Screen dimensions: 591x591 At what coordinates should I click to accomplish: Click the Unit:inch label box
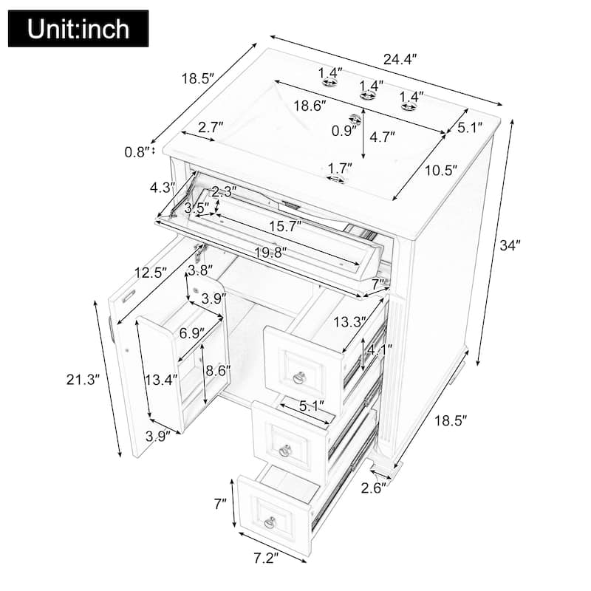[78, 29]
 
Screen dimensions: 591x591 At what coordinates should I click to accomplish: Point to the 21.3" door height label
[81, 380]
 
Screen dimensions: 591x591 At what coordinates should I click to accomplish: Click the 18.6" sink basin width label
[310, 106]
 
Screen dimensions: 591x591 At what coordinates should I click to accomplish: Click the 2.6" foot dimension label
[375, 487]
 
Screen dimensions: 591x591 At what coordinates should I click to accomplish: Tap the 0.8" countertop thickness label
[137, 152]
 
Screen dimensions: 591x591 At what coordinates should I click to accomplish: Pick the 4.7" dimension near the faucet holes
[382, 137]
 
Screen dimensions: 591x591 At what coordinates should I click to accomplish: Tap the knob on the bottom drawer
[270, 522]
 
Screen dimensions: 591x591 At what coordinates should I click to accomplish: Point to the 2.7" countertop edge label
[211, 127]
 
